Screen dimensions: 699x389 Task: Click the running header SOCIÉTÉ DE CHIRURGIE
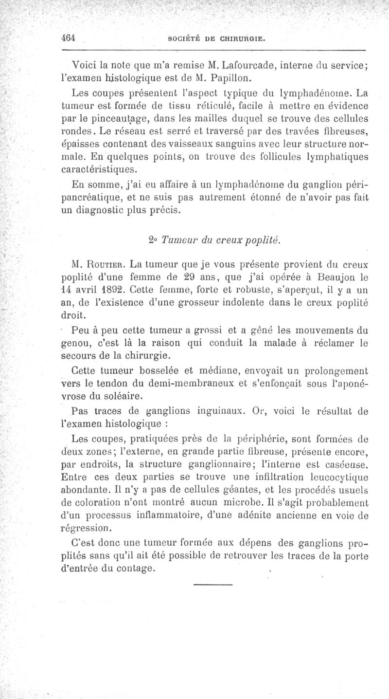[x=215, y=39]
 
